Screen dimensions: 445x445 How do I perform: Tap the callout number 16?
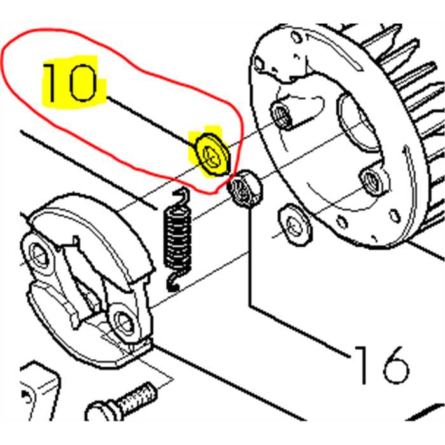tap(381, 365)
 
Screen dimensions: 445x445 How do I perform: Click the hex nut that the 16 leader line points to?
tap(244, 188)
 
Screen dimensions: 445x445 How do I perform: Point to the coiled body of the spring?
tap(178, 238)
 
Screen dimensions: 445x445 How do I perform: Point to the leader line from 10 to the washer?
tap(151, 122)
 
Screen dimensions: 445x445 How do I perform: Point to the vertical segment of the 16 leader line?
tap(250, 256)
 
